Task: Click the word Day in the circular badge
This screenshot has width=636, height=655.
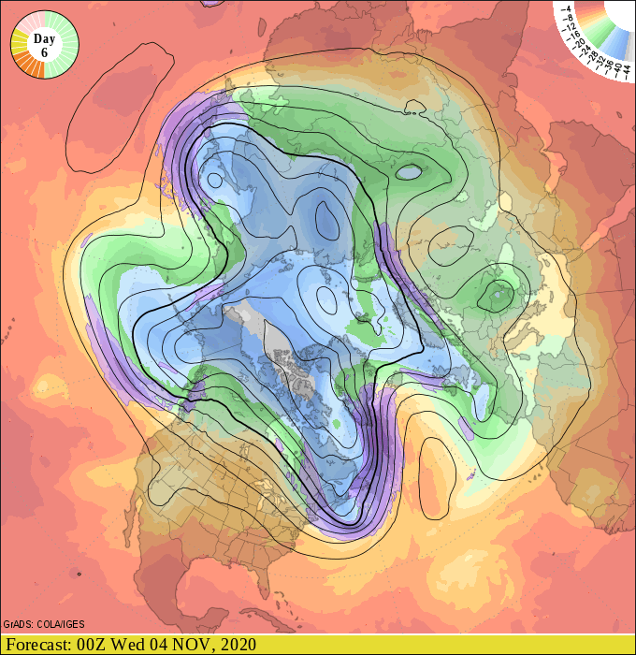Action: click(x=44, y=38)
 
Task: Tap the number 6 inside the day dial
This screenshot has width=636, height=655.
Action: click(x=44, y=53)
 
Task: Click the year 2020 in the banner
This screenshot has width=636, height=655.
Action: click(x=238, y=645)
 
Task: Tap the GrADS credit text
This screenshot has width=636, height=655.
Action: click(x=20, y=624)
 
